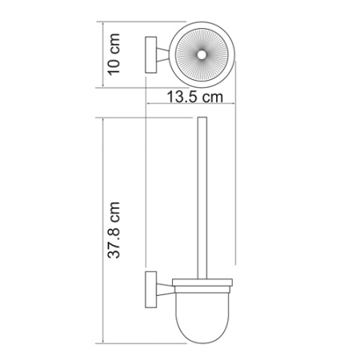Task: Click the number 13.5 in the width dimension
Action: pos(182,98)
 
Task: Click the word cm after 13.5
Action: pos(211,98)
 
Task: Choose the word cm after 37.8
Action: pos(114,210)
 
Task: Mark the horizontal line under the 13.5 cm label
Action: pos(191,108)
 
